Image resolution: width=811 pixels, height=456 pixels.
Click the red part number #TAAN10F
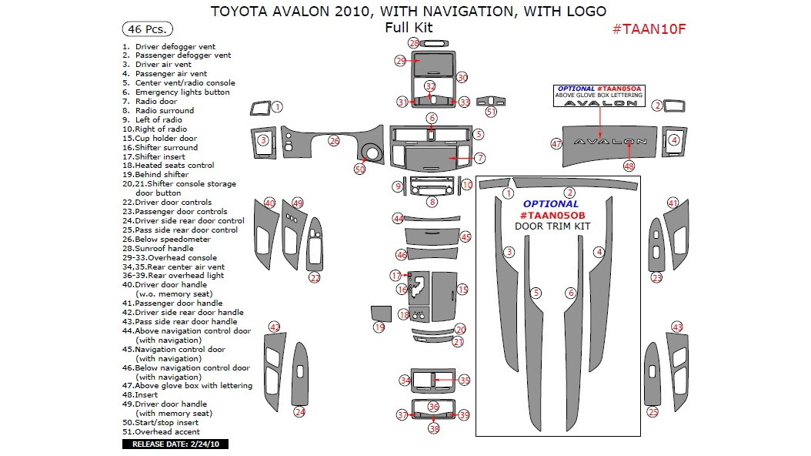pyautogui.click(x=649, y=29)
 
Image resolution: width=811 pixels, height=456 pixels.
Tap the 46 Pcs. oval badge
pyautogui.click(x=148, y=29)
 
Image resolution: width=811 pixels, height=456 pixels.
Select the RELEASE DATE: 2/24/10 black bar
pyautogui.click(x=175, y=444)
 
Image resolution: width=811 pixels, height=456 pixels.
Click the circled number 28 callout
pyautogui.click(x=414, y=43)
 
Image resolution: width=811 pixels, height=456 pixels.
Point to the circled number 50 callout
pyautogui.click(x=359, y=169)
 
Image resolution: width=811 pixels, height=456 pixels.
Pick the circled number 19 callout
pyautogui.click(x=379, y=327)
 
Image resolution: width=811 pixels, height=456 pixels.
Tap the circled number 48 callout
pyautogui.click(x=629, y=166)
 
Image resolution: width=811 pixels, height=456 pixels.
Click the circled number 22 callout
pyautogui.click(x=315, y=278)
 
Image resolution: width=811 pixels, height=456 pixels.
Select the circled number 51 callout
pyautogui.click(x=491, y=111)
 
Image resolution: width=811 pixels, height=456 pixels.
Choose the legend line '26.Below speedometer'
pyautogui.click(x=166, y=239)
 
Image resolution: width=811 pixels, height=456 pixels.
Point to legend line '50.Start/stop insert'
pyautogui.click(x=160, y=422)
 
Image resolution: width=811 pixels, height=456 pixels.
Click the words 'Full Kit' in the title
pyautogui.click(x=409, y=28)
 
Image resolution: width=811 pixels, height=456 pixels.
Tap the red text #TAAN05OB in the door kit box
pyautogui.click(x=552, y=216)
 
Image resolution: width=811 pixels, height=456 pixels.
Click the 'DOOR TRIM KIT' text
pyautogui.click(x=552, y=226)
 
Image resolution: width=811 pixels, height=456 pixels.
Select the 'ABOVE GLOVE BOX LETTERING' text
pyautogui.click(x=599, y=96)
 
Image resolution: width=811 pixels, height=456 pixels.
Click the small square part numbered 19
pyautogui.click(x=381, y=313)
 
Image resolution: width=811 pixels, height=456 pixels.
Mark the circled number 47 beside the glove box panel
pyautogui.click(x=556, y=144)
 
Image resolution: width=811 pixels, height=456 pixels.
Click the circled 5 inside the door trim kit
pyautogui.click(x=536, y=293)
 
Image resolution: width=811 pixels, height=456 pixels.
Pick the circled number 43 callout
pyautogui.click(x=678, y=327)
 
